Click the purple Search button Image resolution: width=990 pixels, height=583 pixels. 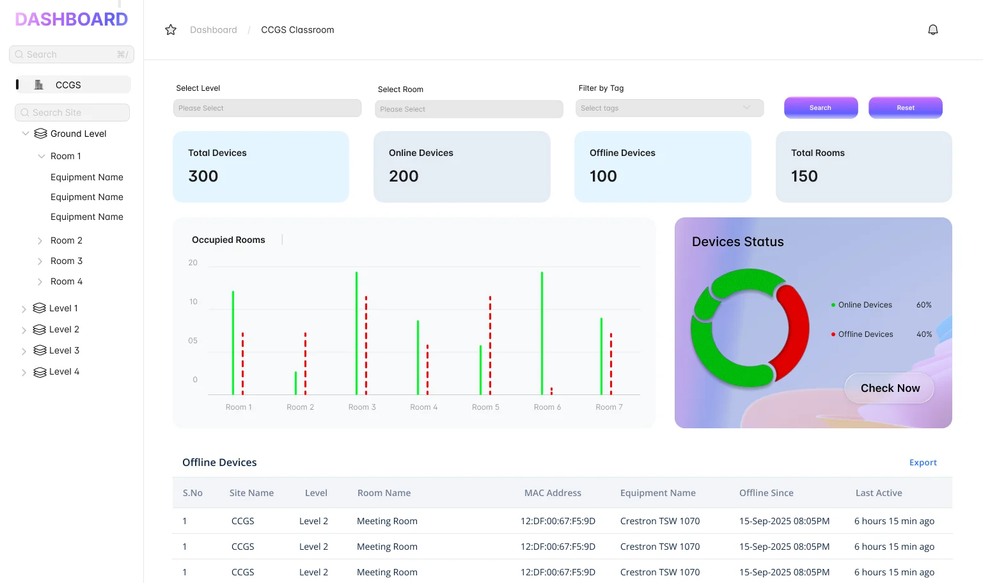(821, 107)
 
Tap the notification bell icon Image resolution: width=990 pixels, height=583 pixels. (932, 30)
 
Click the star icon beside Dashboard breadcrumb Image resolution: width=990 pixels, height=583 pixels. (171, 30)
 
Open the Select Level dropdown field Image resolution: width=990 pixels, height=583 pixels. (267, 108)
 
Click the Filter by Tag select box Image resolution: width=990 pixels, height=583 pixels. (669, 108)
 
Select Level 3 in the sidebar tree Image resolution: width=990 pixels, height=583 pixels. (64, 350)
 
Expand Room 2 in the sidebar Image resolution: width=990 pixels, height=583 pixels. (40, 241)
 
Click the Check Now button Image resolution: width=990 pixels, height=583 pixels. (890, 388)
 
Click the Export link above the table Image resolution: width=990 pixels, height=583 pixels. (922, 463)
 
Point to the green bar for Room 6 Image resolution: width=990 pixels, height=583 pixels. (542, 332)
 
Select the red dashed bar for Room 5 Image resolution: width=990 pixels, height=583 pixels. (490, 345)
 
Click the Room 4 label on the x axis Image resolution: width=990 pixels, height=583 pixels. (423, 407)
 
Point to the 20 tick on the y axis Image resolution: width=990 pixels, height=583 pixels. (192, 263)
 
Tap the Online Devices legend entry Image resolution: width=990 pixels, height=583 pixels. (865, 305)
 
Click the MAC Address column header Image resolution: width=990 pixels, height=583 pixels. (553, 493)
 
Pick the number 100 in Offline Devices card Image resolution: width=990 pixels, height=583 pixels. (603, 176)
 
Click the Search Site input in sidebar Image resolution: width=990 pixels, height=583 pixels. (72, 113)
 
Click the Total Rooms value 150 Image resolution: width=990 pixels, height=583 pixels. (804, 176)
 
